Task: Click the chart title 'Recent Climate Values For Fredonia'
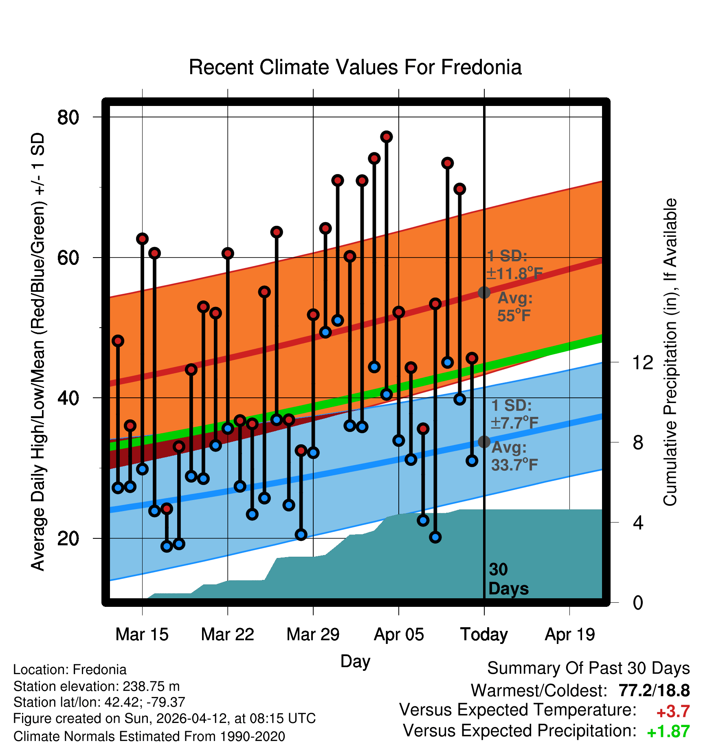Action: pos(355,67)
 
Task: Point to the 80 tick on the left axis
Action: pos(68,117)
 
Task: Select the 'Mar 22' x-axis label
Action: pos(228,635)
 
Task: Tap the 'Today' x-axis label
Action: pos(484,635)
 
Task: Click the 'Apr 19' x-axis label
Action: pos(570,635)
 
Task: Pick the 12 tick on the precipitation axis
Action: pos(642,362)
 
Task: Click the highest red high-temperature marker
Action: pos(387,137)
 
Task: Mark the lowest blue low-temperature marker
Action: pos(167,546)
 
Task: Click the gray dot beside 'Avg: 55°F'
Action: pos(484,292)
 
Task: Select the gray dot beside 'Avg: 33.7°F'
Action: pos(484,441)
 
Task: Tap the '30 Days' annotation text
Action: pos(508,579)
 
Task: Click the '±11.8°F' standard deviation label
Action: pos(514,273)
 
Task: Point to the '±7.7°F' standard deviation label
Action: pos(514,423)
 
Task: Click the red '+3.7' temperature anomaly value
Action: pos(673,712)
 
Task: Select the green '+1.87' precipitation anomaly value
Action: pos(668,732)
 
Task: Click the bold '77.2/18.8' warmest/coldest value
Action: pos(654,690)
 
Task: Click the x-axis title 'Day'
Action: pos(355,661)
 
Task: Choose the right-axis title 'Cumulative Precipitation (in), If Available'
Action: pos(670,352)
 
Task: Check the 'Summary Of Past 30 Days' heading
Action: pos(589,668)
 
